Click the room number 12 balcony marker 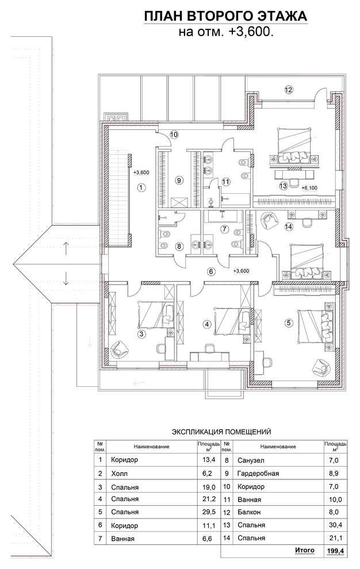[289, 90]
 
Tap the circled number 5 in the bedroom [289, 322]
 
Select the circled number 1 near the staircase [141, 187]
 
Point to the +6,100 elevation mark [309, 187]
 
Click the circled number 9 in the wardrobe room [178, 180]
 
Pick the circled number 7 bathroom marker [224, 229]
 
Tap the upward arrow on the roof [66, 248]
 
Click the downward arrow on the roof [66, 278]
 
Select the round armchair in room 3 [119, 349]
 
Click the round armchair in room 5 [321, 368]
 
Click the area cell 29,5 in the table [209, 512]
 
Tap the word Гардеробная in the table [258, 474]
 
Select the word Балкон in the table [249, 513]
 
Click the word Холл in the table [120, 474]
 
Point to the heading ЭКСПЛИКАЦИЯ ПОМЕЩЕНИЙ [221, 432]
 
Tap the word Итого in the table [304, 550]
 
